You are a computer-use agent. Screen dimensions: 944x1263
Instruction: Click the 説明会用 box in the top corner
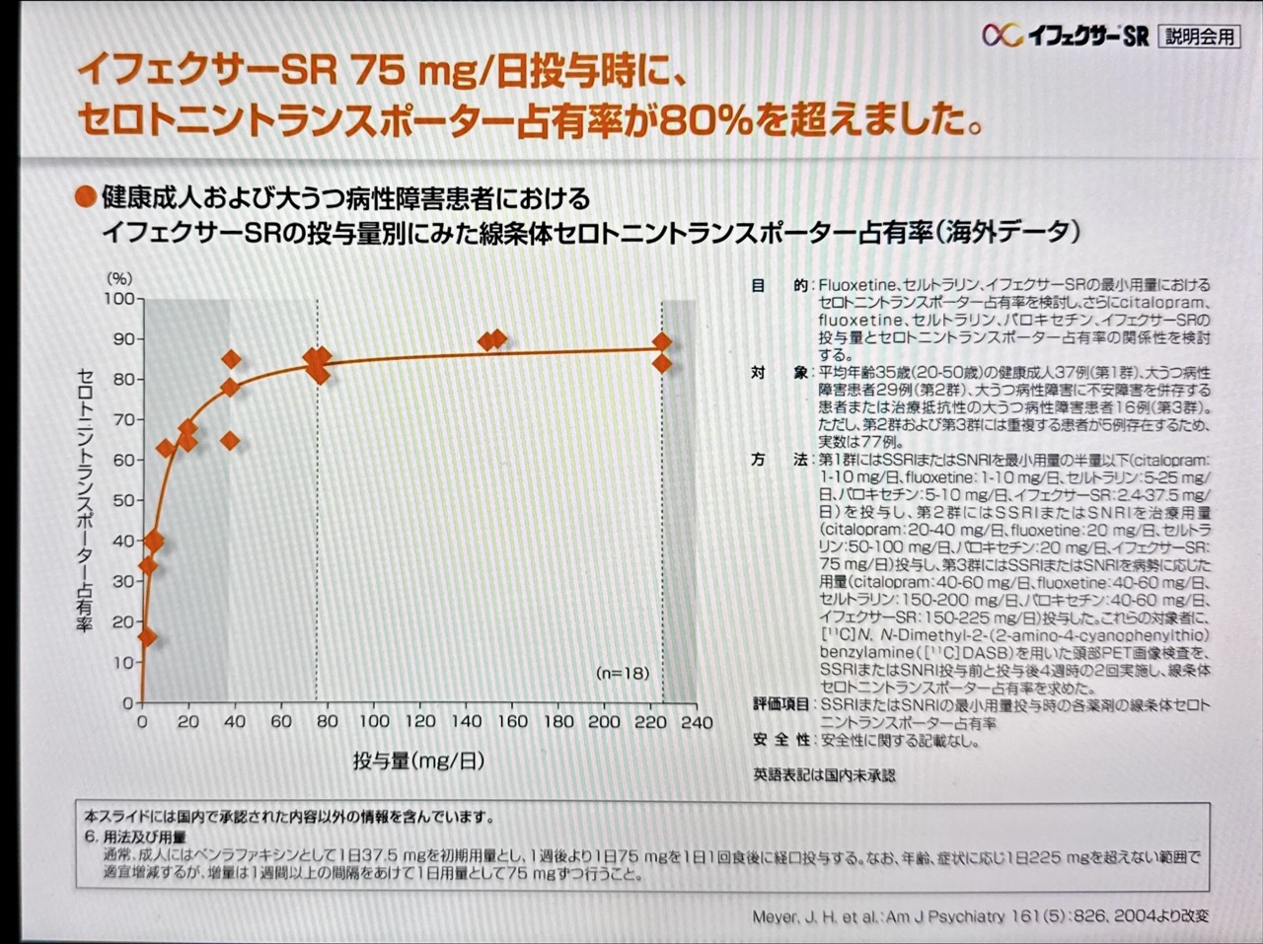coord(1199,36)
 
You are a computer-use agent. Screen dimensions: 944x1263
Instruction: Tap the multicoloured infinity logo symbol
coord(1001,36)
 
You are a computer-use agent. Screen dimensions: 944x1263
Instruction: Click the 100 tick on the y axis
coord(120,298)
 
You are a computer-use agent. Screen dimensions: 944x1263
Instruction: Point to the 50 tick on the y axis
coord(123,500)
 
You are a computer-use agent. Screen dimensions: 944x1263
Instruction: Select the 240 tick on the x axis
coord(697,722)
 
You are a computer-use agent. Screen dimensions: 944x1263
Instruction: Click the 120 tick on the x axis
coord(419,722)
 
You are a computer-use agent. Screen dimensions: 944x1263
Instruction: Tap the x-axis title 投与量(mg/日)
coord(419,761)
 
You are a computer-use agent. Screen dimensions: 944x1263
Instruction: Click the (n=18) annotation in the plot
coord(623,673)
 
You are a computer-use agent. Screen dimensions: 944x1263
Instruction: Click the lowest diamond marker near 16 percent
coord(147,637)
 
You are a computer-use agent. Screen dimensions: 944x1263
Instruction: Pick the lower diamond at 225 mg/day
coord(662,364)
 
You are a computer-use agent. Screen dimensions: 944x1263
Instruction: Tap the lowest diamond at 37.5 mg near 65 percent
coord(230,441)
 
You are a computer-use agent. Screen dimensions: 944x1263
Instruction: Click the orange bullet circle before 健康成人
coord(86,197)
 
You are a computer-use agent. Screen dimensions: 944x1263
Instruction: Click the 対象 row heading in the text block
coord(780,373)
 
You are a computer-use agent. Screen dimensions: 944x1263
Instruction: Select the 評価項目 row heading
coord(781,704)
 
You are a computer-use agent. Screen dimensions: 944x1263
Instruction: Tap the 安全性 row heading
coord(781,740)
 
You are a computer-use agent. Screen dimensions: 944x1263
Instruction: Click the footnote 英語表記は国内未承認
coord(824,775)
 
